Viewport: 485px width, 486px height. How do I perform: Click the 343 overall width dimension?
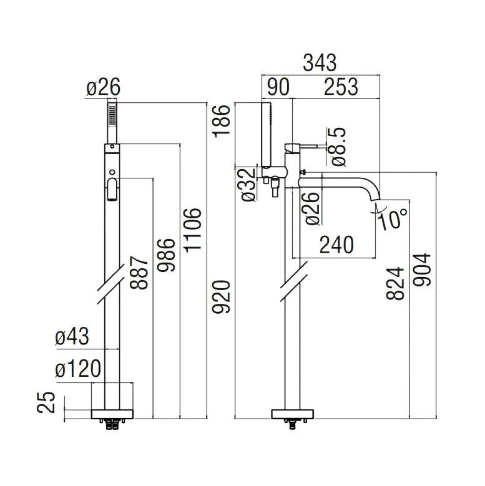coord(320,62)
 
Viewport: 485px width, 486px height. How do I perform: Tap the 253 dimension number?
coord(341,87)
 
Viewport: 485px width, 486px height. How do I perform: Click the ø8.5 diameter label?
coord(338,146)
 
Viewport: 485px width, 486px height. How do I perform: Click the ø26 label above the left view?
coord(102,88)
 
